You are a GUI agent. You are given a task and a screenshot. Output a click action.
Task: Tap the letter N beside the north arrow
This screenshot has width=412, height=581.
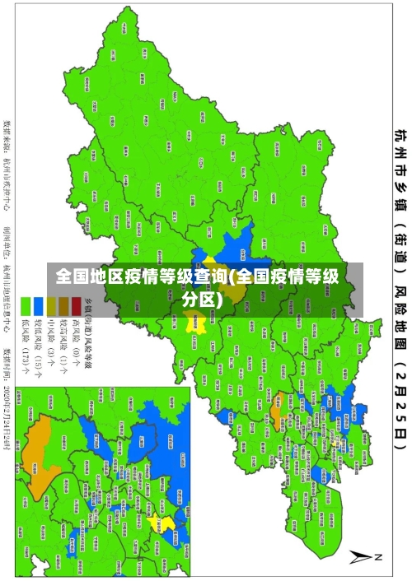coord(380,558)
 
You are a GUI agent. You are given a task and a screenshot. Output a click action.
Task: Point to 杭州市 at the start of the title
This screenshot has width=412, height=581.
coord(399,152)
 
